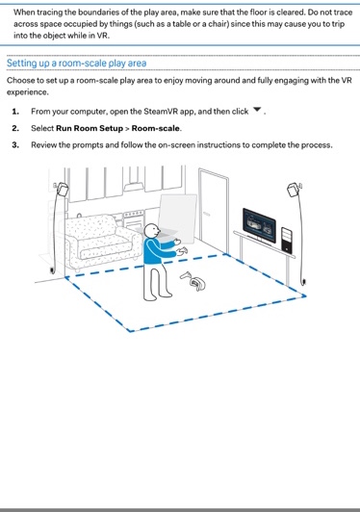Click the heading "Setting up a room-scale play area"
(x=76, y=63)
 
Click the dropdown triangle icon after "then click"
(x=257, y=110)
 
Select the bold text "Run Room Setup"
(x=90, y=128)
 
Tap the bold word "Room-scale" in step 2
(x=156, y=128)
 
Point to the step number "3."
(x=15, y=144)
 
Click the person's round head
(x=152, y=231)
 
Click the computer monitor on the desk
(x=259, y=225)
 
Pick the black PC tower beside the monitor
(x=287, y=240)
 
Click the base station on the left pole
(x=62, y=189)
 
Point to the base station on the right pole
(x=294, y=190)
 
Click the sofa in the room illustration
(x=102, y=241)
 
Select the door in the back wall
(x=213, y=211)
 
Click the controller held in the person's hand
(x=182, y=251)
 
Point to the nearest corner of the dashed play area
(x=130, y=331)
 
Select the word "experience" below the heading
(x=27, y=92)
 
